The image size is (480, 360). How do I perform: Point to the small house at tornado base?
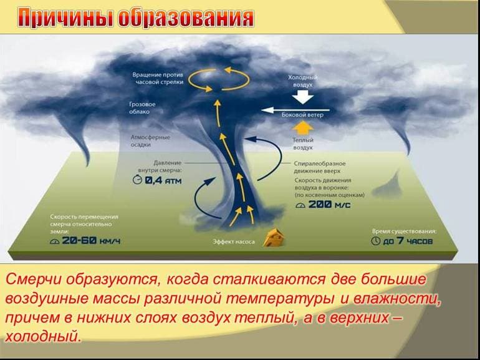272,237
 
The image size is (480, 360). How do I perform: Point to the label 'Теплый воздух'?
303,145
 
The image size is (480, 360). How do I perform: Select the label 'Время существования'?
404,230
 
